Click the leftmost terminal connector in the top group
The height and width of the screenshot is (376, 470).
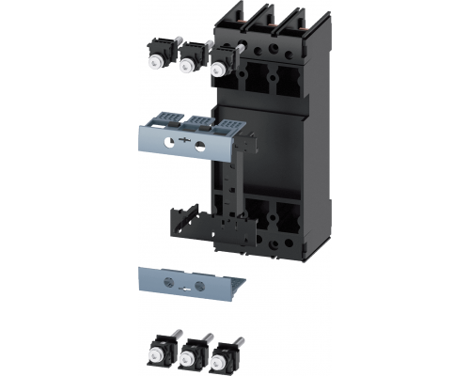[155, 55]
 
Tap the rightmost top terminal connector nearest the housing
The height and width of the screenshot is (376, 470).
[222, 62]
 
